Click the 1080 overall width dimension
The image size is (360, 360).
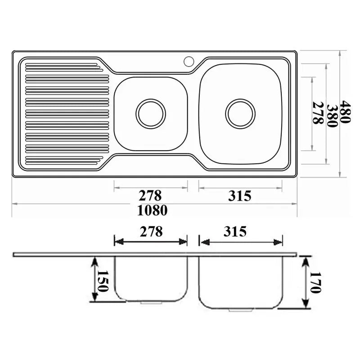coord(152,210)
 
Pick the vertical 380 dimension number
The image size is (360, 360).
coord(332,116)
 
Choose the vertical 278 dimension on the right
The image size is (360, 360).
coord(318,113)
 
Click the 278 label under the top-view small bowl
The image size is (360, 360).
coord(150,196)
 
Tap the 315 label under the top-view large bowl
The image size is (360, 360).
coord(240,196)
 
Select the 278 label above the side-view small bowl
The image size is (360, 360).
coord(151,232)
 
